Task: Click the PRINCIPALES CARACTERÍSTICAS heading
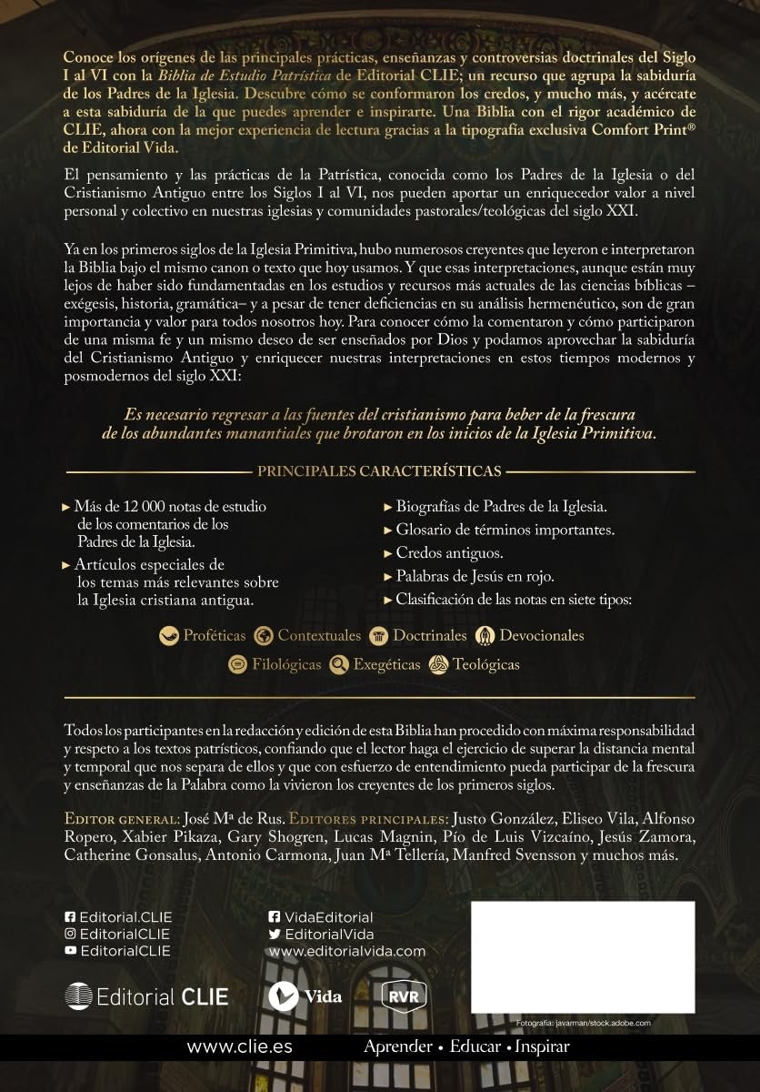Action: (380, 471)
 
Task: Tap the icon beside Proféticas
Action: (168, 636)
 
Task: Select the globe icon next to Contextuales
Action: (265, 636)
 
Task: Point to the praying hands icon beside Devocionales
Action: (485, 636)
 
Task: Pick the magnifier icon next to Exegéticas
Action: (339, 664)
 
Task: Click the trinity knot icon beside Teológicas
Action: (438, 664)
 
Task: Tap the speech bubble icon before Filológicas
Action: (237, 664)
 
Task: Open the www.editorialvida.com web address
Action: (347, 951)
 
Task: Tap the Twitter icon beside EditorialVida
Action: (275, 935)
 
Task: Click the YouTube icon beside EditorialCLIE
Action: (71, 951)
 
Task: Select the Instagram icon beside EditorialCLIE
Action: (71, 935)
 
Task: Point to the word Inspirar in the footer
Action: (543, 1046)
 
